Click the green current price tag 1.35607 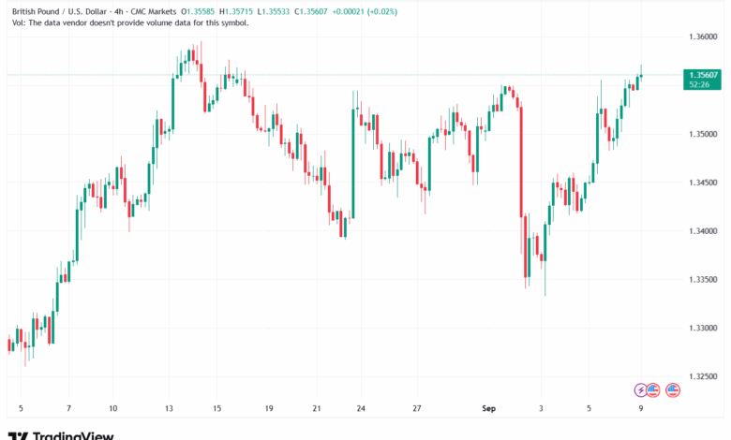pyautogui.click(x=702, y=74)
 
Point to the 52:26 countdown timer pyautogui.click(x=698, y=84)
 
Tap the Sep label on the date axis pyautogui.click(x=487, y=409)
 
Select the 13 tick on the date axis pyautogui.click(x=171, y=409)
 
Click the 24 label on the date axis pyautogui.click(x=361, y=409)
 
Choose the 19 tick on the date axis pyautogui.click(x=269, y=409)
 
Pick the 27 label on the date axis pyautogui.click(x=417, y=409)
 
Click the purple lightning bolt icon pyautogui.click(x=641, y=389)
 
